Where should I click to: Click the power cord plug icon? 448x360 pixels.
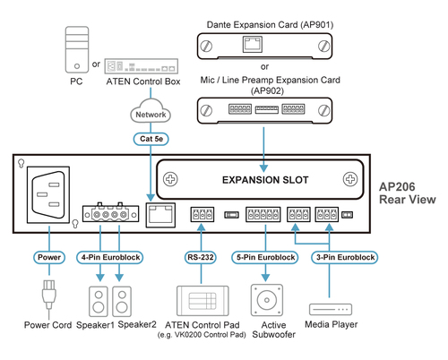click(x=49, y=296)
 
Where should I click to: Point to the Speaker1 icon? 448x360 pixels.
click(x=99, y=298)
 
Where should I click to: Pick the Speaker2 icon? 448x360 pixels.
click(x=125, y=298)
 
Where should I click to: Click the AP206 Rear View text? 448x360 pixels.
click(x=408, y=193)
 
